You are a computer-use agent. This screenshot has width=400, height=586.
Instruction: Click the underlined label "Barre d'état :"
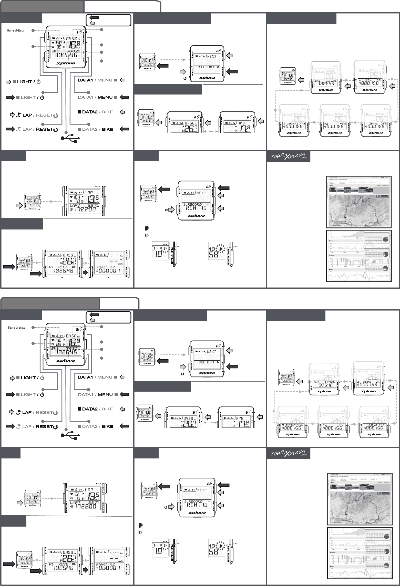[16, 30]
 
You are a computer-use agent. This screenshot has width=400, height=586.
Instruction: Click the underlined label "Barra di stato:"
[17, 327]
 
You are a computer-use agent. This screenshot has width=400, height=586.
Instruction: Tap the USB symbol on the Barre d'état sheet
[70, 139]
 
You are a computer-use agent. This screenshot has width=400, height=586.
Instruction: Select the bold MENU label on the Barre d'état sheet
[105, 97]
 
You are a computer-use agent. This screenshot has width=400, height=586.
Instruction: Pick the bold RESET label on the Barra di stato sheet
[44, 426]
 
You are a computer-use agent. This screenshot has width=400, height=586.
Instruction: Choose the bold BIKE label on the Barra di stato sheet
[107, 426]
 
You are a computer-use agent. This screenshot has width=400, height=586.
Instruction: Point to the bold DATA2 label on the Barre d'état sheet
[90, 112]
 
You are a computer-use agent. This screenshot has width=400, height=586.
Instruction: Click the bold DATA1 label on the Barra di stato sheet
[85, 377]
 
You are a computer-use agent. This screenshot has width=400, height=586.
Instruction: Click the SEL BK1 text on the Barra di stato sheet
[207, 362]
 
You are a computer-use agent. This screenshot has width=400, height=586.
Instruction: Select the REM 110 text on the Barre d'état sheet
[196, 208]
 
